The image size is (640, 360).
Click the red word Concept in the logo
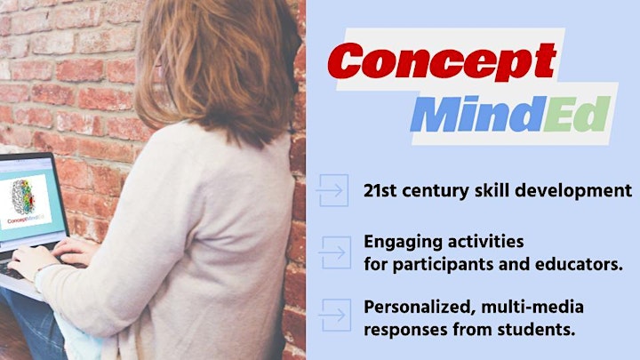click(x=443, y=61)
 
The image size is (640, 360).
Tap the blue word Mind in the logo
click(x=478, y=114)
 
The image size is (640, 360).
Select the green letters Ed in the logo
click(x=577, y=114)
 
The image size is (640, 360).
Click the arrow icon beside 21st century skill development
click(x=332, y=190)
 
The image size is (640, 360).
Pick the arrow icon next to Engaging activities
click(x=335, y=252)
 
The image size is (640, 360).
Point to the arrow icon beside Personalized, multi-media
click(x=335, y=315)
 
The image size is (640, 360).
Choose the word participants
click(x=444, y=265)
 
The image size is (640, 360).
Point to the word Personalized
click(x=416, y=307)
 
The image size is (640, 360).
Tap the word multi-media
click(x=532, y=307)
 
